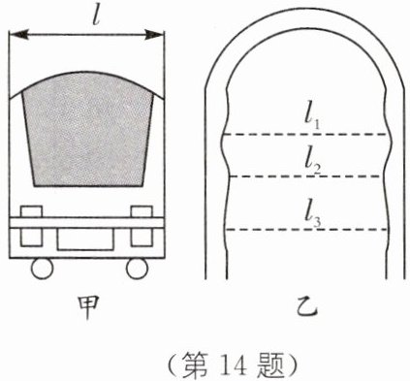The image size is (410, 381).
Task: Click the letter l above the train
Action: [x=95, y=16]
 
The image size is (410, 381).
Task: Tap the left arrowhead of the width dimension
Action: [x=16, y=35]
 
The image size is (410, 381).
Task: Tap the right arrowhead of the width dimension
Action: [x=154, y=35]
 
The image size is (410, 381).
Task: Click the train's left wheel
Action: [x=42, y=269]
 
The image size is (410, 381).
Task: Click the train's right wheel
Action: [x=138, y=269]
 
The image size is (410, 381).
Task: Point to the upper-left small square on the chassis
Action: [x=31, y=211]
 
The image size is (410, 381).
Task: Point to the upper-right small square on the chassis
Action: [x=142, y=211]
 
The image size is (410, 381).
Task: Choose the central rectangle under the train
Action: [x=85, y=239]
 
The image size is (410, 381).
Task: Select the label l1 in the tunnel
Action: [x=312, y=119]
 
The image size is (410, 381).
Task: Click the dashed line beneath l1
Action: [x=305, y=134]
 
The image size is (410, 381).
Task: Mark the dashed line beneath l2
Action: [x=305, y=176]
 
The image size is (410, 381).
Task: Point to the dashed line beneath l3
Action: [x=306, y=230]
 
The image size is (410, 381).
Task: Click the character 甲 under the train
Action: [x=88, y=308]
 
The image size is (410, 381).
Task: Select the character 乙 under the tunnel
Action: [x=307, y=308]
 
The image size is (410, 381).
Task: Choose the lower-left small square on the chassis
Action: [x=31, y=238]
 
